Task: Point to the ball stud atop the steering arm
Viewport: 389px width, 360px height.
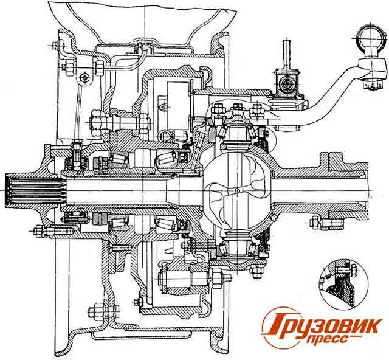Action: [x=370, y=36]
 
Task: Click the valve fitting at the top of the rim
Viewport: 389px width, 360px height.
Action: [x=145, y=44]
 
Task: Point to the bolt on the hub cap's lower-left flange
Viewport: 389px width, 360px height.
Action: [x=41, y=230]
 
